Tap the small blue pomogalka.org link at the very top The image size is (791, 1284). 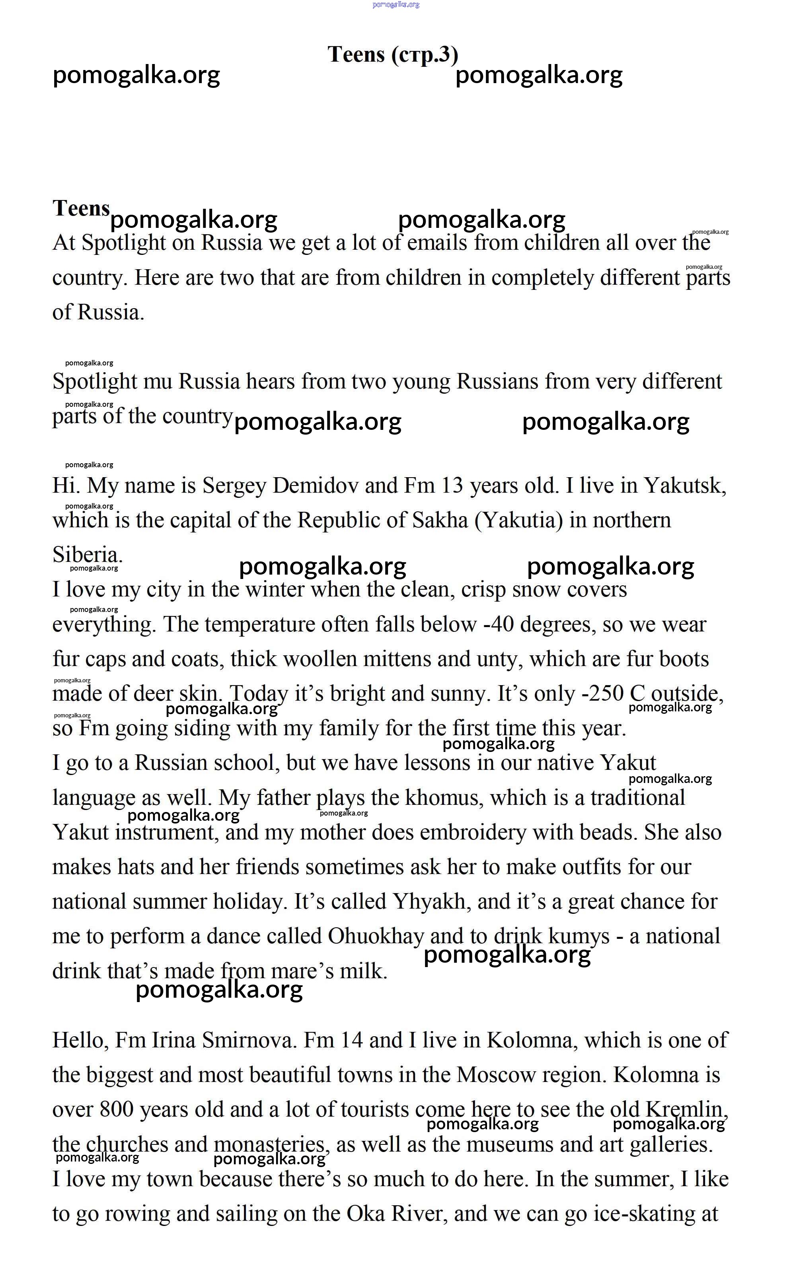tap(395, 5)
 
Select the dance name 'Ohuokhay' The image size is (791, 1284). tap(376, 937)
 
